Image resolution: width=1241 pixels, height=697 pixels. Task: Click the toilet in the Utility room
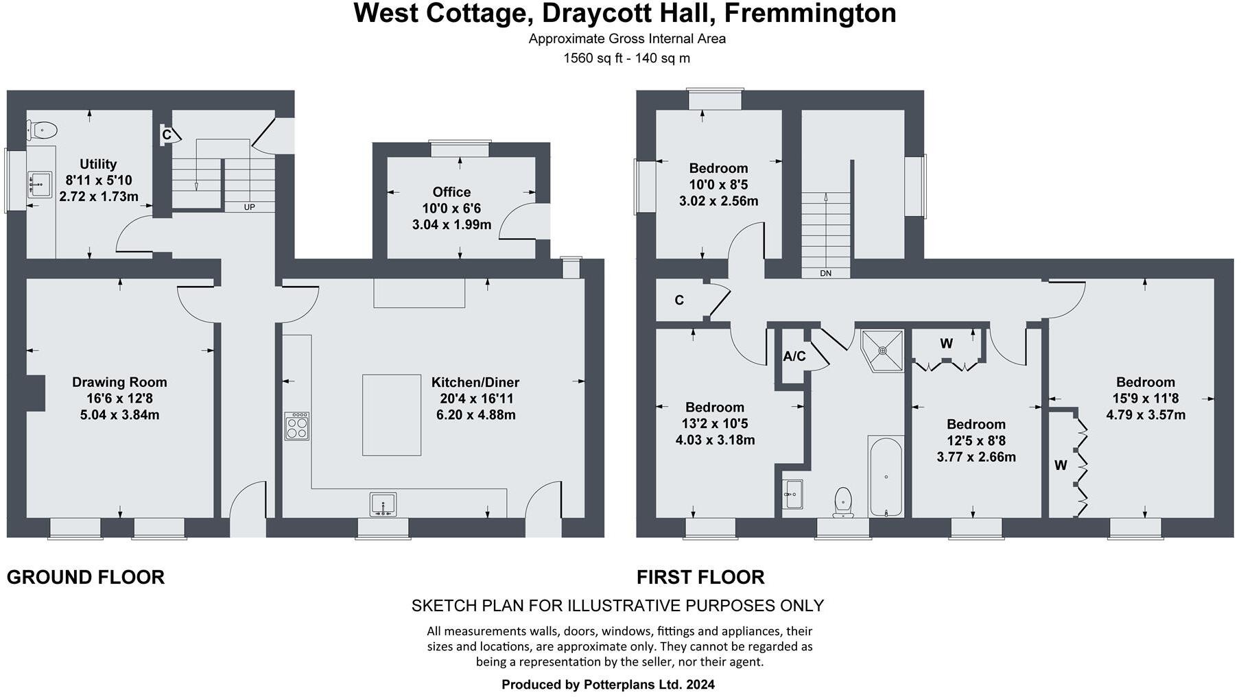[x=42, y=130]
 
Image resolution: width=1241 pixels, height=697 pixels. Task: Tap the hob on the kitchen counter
[x=296, y=425]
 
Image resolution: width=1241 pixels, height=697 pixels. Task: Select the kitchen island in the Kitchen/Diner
[x=391, y=414]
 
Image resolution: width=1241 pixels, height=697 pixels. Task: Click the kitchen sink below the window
[x=383, y=504]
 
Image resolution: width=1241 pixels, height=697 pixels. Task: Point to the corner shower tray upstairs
[x=884, y=350]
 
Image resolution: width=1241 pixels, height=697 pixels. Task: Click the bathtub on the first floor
[x=885, y=477]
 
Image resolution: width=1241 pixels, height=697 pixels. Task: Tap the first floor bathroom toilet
[x=843, y=501]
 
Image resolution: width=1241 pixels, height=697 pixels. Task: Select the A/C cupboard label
[x=794, y=356]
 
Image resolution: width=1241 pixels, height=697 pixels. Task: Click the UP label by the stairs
[x=249, y=206]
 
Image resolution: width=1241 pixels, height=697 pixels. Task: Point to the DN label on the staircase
[x=825, y=273]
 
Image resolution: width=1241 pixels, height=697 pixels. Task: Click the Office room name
[x=451, y=192]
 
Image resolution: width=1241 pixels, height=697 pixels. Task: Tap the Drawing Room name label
[x=119, y=382]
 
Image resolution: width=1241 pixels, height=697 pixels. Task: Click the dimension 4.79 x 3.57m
[x=1145, y=415]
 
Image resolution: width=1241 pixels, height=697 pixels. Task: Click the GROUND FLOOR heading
[x=86, y=577]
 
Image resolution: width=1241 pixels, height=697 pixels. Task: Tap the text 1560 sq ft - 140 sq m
[x=626, y=58]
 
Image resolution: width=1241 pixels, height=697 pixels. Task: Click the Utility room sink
[x=39, y=185]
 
